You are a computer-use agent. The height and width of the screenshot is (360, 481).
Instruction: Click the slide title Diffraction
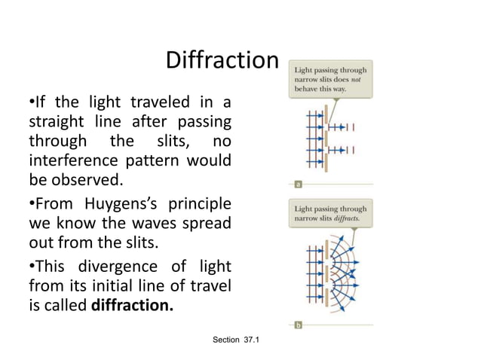pyautogui.click(x=222, y=59)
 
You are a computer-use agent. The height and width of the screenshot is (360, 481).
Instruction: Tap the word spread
pyautogui.click(x=204, y=224)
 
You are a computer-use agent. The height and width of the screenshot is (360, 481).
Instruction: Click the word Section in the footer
pyautogui.click(x=226, y=340)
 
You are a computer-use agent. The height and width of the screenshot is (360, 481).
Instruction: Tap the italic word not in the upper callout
pyautogui.click(x=358, y=80)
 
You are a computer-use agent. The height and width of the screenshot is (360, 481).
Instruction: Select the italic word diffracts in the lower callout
pyautogui.click(x=345, y=218)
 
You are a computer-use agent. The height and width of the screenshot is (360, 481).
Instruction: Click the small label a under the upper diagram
pyautogui.click(x=299, y=183)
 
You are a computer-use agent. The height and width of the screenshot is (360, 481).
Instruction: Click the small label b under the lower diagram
pyautogui.click(x=299, y=325)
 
